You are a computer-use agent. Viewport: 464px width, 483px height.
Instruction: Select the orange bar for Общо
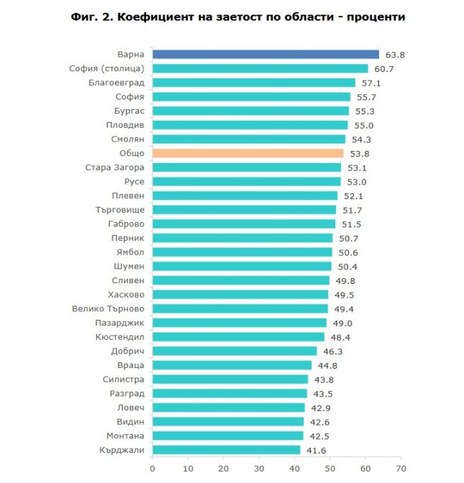point(247,153)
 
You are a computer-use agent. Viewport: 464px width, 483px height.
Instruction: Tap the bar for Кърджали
point(226,450)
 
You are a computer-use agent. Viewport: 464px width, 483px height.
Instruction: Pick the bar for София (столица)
point(260,68)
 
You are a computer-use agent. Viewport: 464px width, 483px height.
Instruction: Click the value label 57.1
point(369,83)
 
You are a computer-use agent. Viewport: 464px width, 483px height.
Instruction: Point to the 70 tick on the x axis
point(400,468)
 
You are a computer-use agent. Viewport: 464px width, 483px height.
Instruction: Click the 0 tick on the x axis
point(153,468)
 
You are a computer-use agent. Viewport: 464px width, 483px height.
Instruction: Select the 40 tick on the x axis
point(294,468)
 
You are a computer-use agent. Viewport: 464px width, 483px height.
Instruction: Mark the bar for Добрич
point(235,351)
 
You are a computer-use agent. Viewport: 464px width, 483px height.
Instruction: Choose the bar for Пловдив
point(250,125)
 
